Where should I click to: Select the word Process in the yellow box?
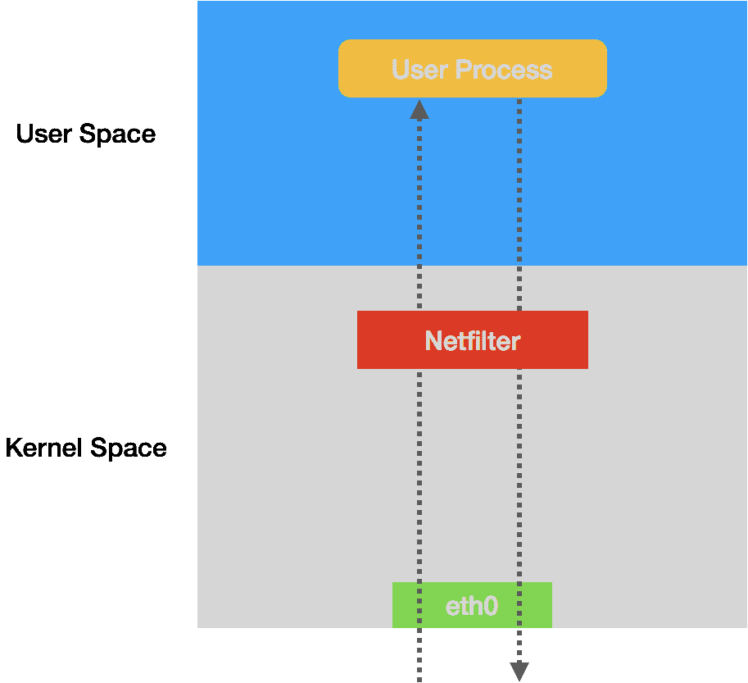tap(503, 70)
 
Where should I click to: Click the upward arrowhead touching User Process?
tap(419, 110)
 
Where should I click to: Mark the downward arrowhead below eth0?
tap(519, 671)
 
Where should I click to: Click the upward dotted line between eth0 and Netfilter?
tap(419, 476)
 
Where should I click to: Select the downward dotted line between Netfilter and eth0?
tap(519, 476)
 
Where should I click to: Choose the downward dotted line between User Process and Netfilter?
tap(519, 205)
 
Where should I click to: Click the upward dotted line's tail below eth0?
tap(419, 656)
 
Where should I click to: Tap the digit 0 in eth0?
tap(489, 606)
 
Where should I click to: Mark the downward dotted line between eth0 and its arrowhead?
tap(519, 644)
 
